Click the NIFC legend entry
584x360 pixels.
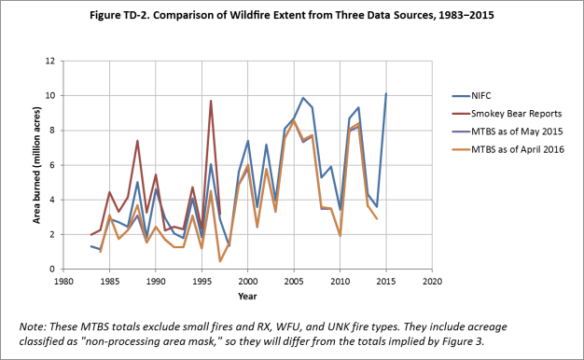(472, 96)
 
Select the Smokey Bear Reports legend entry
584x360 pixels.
(507, 114)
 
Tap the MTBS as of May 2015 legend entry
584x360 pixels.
(508, 132)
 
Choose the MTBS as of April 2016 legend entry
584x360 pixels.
(508, 149)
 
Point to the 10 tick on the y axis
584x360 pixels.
(50, 96)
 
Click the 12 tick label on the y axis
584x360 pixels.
(50, 61)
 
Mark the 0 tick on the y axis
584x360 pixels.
(52, 269)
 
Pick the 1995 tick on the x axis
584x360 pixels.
(202, 282)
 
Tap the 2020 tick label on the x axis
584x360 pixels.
(432, 282)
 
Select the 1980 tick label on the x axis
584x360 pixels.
(63, 282)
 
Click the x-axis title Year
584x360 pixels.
(247, 297)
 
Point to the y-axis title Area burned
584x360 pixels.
(36, 165)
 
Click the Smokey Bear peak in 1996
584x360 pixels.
(211, 101)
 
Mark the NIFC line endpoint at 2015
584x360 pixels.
(386, 94)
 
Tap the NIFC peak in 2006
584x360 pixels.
(303, 98)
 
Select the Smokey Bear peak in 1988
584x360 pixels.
(137, 141)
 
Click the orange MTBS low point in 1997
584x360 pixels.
(220, 261)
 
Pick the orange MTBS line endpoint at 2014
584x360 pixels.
(377, 219)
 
